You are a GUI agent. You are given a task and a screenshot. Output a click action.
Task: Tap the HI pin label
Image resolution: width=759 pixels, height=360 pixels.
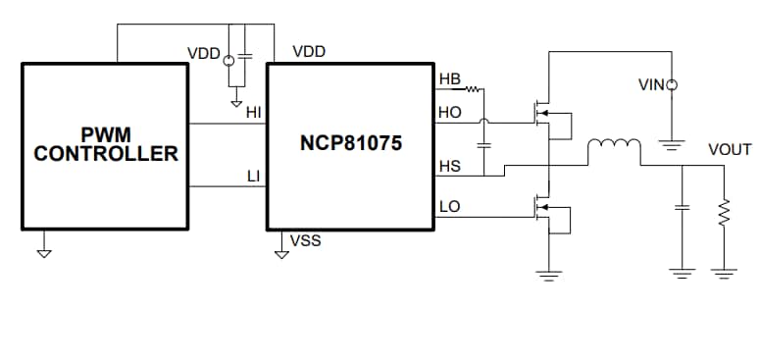point(254,113)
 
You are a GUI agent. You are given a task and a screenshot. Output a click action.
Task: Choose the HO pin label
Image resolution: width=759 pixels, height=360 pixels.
point(449,113)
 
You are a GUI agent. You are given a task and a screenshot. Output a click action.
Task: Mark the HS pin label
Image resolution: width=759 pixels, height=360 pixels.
point(449,167)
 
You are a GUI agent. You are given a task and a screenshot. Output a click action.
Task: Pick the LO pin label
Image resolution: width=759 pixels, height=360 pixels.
point(449,207)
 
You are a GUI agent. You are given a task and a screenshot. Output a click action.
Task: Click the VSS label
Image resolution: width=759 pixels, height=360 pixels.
point(307,240)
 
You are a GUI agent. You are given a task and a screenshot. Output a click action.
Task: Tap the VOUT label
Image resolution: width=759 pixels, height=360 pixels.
point(730,149)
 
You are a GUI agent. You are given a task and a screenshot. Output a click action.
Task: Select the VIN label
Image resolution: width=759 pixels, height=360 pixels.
point(650,86)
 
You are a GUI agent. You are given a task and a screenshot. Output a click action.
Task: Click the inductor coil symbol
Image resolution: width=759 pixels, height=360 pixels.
point(613,148)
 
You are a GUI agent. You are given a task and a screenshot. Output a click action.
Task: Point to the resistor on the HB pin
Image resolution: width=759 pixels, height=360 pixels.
point(474,89)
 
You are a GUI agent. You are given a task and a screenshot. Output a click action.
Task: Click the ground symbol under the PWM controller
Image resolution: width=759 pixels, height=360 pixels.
point(43,252)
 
